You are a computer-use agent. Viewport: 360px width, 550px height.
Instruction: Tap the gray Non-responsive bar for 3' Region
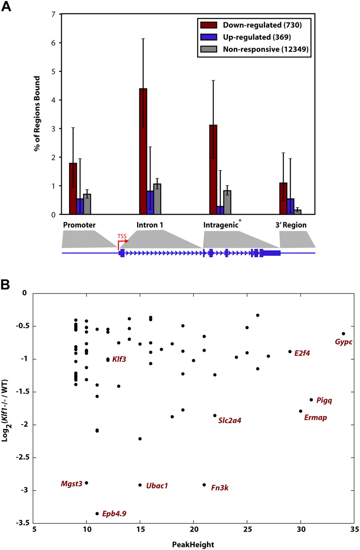(298, 212)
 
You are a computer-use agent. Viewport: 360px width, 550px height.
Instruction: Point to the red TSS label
(122, 235)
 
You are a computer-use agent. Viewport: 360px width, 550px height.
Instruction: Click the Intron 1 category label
(150, 225)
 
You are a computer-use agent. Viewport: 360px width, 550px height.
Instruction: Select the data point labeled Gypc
(343, 333)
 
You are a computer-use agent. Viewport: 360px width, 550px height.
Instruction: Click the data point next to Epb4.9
(97, 513)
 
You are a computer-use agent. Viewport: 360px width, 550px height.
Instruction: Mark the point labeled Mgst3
(86, 483)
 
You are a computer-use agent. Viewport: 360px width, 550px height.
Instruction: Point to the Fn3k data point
(204, 485)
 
